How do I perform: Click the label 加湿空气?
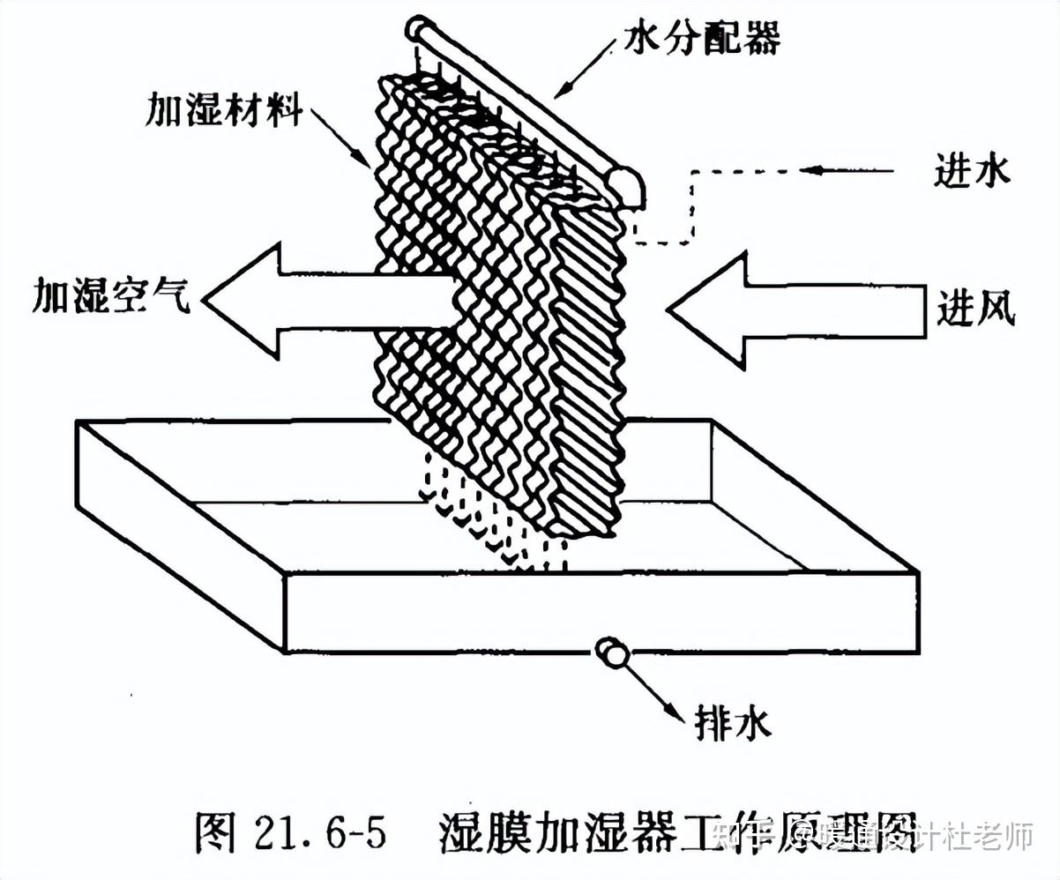pos(111,296)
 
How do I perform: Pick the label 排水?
pos(732,723)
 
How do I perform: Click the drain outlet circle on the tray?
pos(609,653)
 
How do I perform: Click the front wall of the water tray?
pos(600,613)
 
